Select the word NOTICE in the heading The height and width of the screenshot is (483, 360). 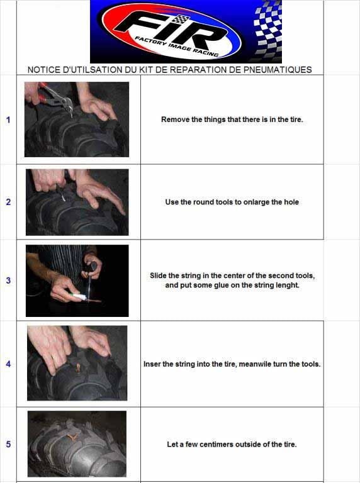pos(42,70)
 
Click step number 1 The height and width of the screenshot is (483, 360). pos(8,119)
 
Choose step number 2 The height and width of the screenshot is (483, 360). pos(8,202)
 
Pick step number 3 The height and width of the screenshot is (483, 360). pos(8,280)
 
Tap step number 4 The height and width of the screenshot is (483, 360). pos(8,364)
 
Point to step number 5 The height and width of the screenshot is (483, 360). pos(8,444)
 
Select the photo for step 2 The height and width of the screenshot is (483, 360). pos(77,202)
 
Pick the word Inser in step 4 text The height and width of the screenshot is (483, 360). pos(152,364)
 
